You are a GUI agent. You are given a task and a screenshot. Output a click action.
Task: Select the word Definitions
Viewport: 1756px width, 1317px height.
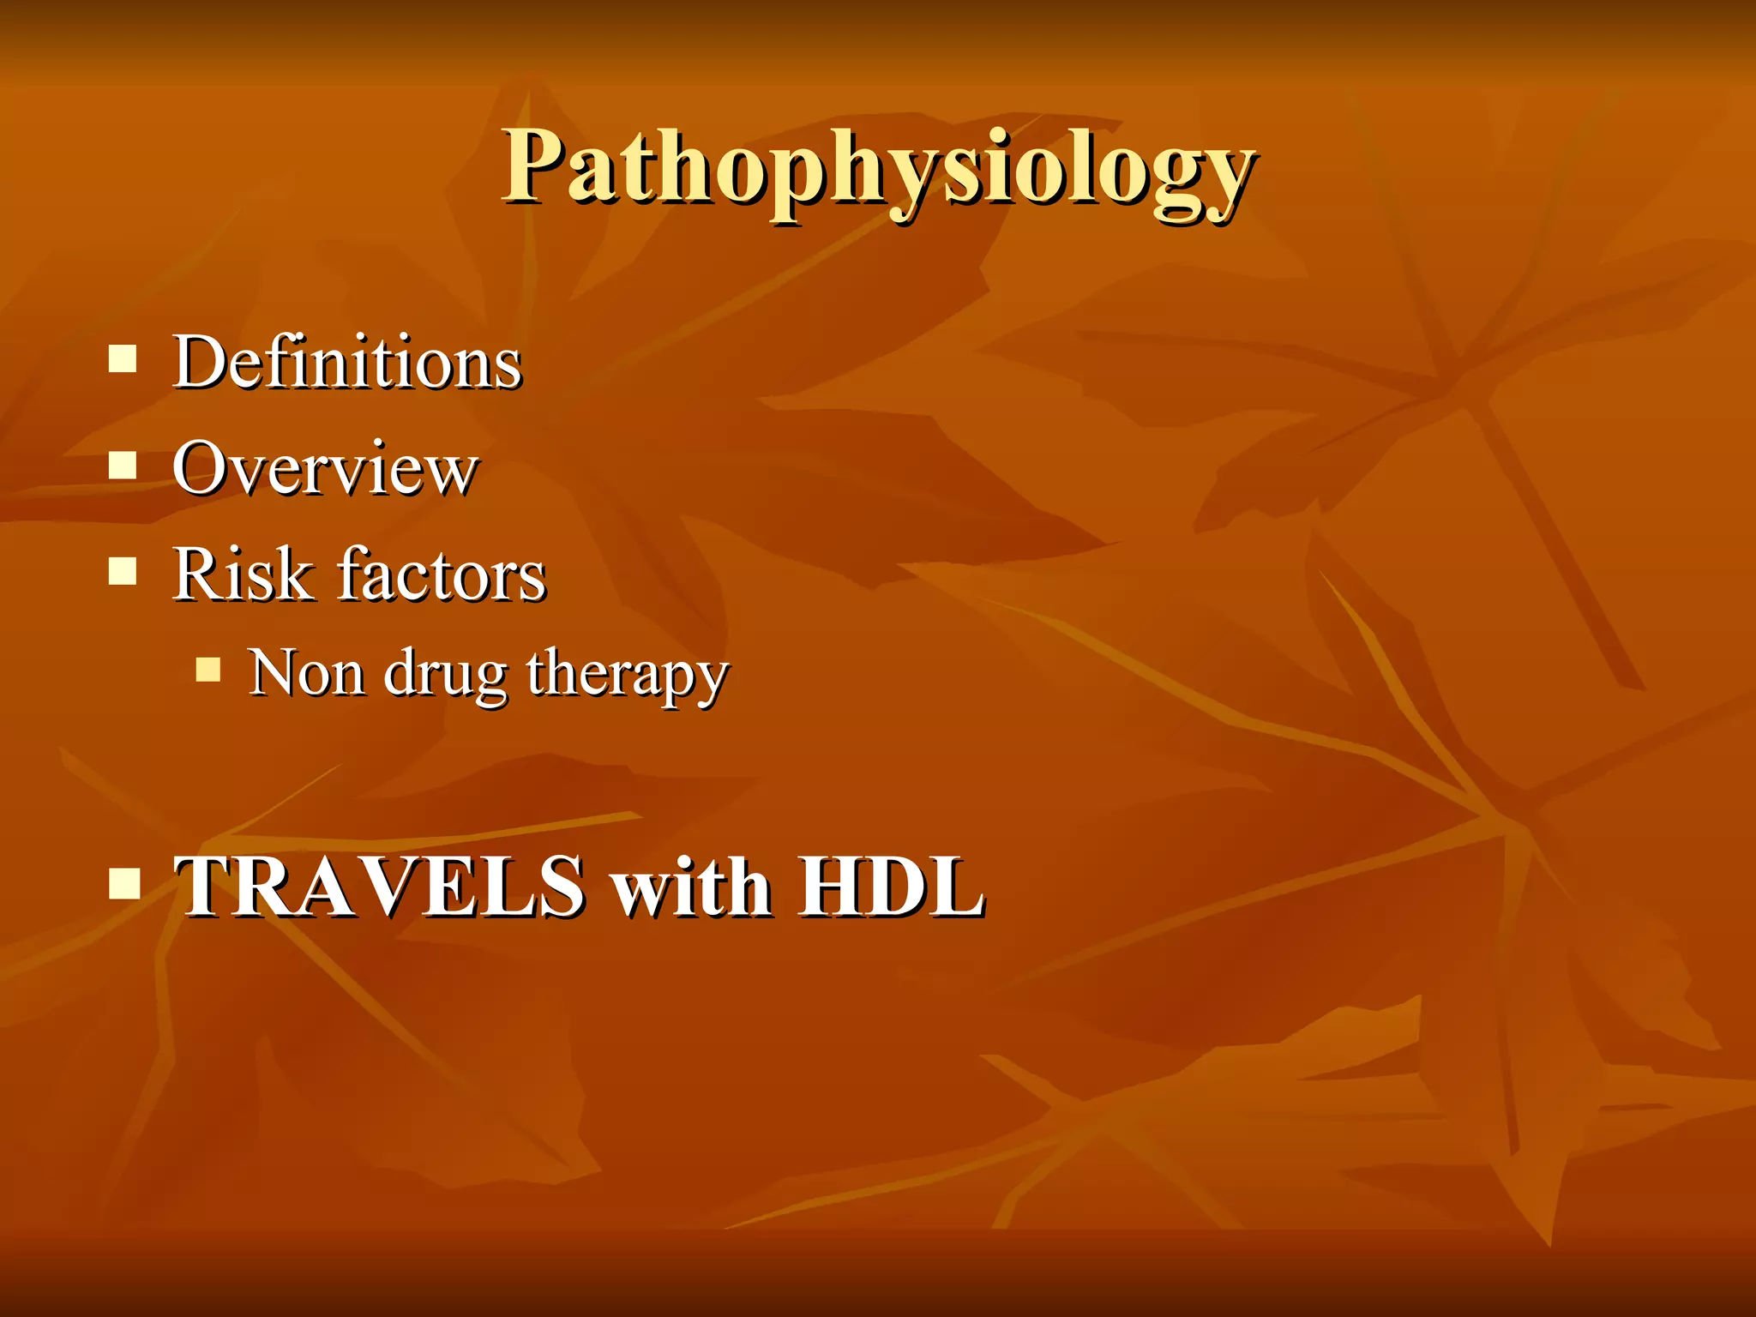(347, 364)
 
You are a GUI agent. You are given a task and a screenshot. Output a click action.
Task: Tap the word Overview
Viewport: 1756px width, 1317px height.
(325, 469)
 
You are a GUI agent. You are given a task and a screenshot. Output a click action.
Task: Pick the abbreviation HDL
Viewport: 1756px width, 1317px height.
(892, 888)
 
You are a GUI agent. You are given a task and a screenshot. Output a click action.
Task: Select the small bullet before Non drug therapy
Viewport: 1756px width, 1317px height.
(208, 669)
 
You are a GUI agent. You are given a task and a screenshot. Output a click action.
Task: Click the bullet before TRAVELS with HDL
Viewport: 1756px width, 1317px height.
(124, 882)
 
